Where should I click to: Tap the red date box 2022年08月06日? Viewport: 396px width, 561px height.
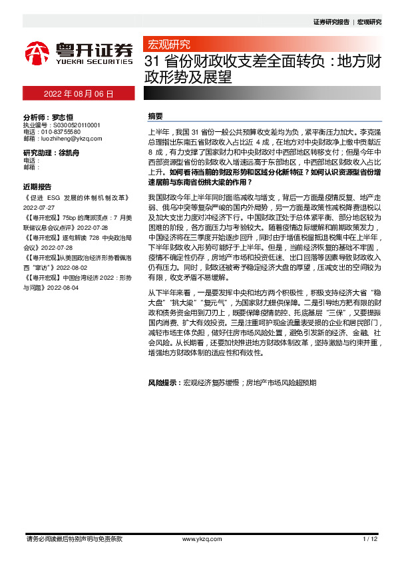click(x=79, y=94)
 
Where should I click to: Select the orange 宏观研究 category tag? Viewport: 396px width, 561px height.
click(x=168, y=45)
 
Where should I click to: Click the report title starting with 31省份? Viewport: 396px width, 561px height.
click(x=263, y=69)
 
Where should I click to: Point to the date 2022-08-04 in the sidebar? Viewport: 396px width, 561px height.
click(x=62, y=288)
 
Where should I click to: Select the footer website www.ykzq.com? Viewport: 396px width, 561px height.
click(x=198, y=538)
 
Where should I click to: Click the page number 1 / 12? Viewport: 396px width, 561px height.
click(x=371, y=538)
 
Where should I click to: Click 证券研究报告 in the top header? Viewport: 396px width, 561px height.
click(x=331, y=22)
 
